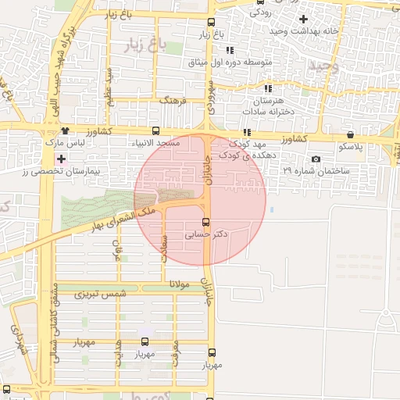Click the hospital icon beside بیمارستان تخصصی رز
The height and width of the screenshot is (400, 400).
61,159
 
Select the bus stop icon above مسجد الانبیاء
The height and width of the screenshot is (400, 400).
155,130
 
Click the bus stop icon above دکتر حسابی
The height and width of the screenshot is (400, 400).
206,222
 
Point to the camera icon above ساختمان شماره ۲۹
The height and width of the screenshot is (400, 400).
315,159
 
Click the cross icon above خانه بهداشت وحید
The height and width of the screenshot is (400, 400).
303,19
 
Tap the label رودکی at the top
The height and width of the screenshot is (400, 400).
260,12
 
